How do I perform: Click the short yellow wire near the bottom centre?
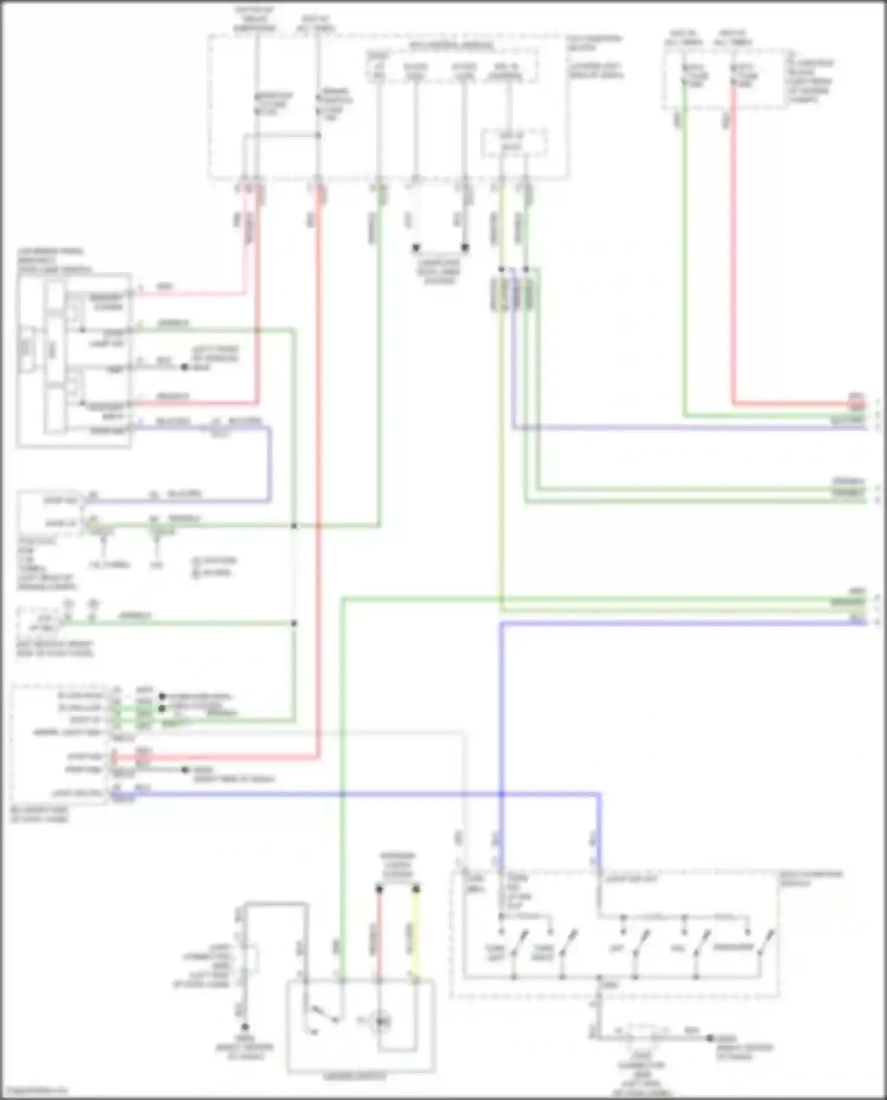coord(416,934)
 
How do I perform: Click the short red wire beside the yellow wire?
coord(380,934)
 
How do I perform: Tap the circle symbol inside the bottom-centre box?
coord(379,1021)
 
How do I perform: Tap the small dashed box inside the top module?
coord(513,144)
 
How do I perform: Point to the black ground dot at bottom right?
coord(710,1038)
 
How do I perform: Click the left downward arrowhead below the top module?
coord(416,248)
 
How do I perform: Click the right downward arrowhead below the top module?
coord(465,248)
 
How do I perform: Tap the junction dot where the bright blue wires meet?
coord(501,794)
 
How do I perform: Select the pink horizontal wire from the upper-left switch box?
coord(189,293)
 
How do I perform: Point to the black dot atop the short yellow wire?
coord(416,889)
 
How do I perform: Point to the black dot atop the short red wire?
coord(380,889)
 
